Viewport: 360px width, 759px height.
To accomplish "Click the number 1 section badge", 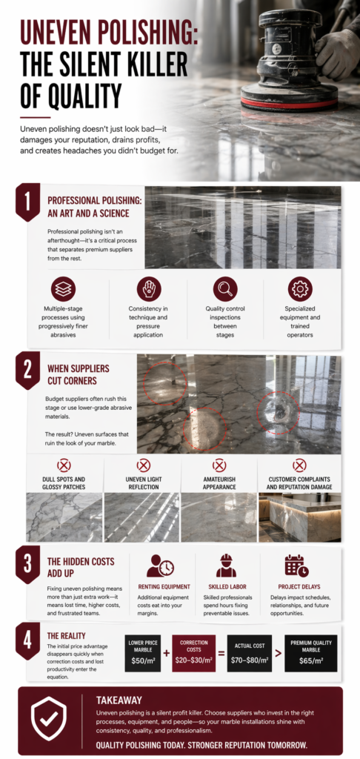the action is tap(27, 202).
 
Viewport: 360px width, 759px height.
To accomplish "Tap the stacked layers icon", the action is tap(64, 289).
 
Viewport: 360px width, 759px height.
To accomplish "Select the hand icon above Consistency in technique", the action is tap(149, 289).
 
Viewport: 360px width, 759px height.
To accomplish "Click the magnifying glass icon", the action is tap(225, 289).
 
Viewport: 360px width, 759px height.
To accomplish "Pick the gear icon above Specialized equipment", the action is tap(300, 289).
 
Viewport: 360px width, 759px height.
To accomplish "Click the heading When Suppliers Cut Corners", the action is tap(72, 374).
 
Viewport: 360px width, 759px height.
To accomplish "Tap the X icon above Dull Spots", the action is tap(64, 465).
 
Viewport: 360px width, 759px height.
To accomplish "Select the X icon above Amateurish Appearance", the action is tap(219, 465).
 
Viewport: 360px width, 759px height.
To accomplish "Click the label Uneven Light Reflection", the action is tap(143, 483).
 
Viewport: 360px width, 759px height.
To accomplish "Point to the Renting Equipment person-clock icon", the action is tap(160, 566).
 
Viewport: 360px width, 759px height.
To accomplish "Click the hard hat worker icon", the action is tap(226, 566).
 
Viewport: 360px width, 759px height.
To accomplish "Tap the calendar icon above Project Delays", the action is tap(296, 566).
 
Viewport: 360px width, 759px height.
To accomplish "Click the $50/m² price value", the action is tap(143, 660).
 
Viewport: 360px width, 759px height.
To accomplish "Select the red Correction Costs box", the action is tap(193, 654).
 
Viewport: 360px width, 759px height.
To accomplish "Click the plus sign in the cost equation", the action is tap(167, 654).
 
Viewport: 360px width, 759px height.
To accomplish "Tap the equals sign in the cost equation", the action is tap(221, 654).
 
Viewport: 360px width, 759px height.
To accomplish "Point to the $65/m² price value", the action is tap(311, 660).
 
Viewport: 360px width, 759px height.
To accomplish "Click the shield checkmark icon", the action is tap(49, 720).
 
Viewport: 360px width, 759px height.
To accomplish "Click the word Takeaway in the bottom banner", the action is tap(119, 700).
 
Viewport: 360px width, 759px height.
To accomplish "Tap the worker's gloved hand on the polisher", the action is tap(337, 53).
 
